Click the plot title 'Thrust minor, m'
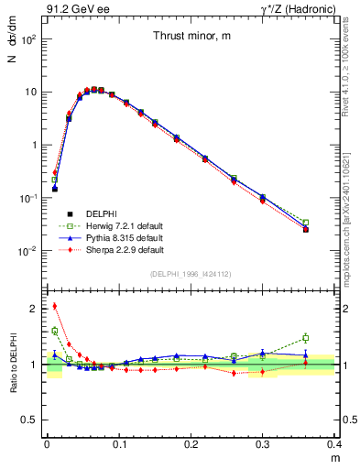191,36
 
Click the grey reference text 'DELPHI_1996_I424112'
191,274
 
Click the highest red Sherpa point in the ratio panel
55,306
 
